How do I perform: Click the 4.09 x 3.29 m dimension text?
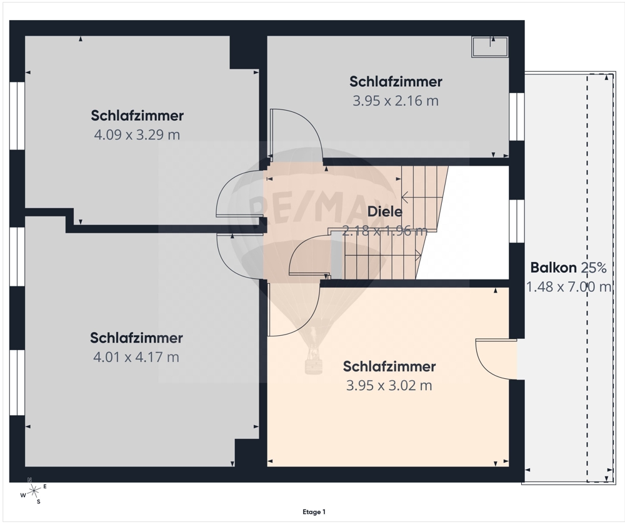click(137, 135)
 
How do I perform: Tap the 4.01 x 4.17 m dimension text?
click(136, 357)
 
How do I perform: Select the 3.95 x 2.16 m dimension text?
click(396, 101)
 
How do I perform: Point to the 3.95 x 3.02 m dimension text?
click(389, 386)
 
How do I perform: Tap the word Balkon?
click(554, 268)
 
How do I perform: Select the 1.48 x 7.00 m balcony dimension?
click(569, 287)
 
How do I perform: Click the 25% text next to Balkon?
click(594, 268)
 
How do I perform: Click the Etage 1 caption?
click(314, 511)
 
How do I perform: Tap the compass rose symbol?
click(34, 490)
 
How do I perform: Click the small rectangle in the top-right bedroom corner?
click(490, 47)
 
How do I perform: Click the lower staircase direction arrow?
click(382, 254)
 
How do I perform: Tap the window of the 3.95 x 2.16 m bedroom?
click(517, 117)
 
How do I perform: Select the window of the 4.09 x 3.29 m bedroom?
click(17, 116)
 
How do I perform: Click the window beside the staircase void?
click(517, 221)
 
